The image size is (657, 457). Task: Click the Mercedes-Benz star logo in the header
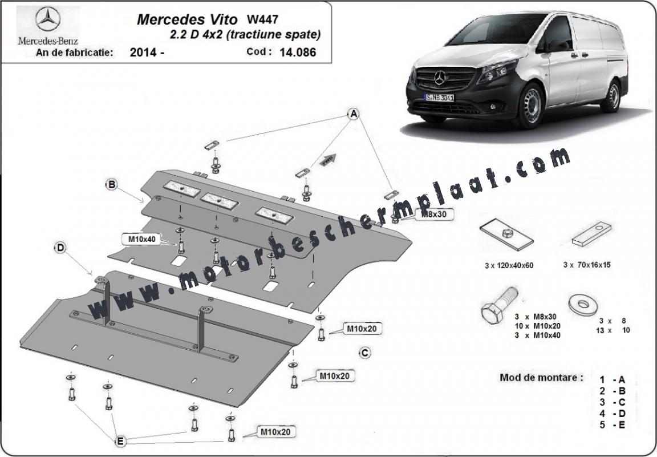point(48,19)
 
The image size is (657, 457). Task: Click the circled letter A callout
point(354,113)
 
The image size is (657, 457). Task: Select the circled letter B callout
point(111,184)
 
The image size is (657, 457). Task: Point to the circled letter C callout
point(365,353)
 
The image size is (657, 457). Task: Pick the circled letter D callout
point(60,248)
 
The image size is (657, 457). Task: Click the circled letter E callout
point(120,440)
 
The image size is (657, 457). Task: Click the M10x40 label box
point(139,239)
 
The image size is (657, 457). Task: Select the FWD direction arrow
point(328,160)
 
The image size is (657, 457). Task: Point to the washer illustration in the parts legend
point(583,305)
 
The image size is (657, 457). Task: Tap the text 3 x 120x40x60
point(509,265)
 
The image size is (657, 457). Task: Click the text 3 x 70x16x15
point(587,265)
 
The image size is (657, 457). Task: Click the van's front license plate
point(439,98)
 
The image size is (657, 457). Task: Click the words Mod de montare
point(541,377)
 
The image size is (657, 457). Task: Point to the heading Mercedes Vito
point(187,19)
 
